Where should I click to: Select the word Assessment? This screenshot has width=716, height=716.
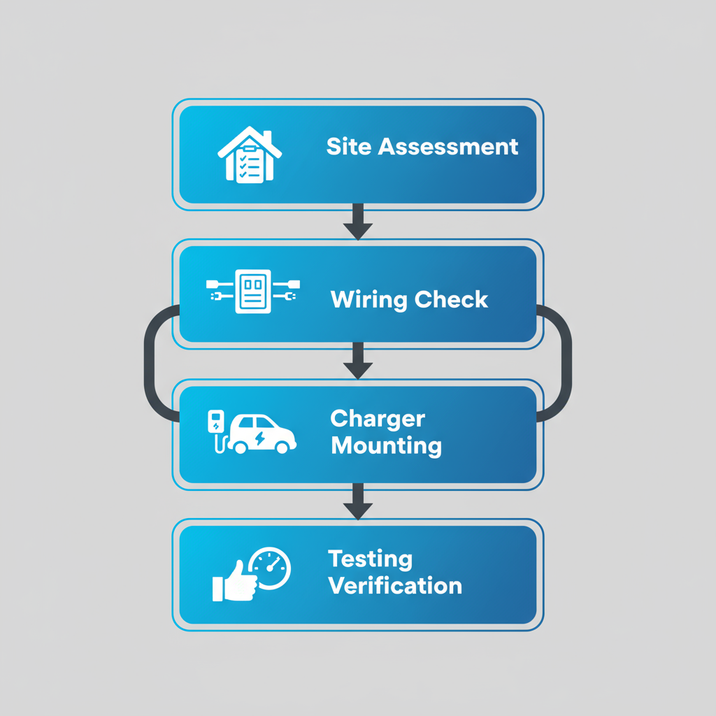447,147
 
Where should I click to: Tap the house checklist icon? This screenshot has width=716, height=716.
250,155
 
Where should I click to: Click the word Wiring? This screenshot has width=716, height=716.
368,300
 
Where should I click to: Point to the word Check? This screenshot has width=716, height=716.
450,300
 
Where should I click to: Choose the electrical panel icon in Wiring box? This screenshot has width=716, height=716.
252,291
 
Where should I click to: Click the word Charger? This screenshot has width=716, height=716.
378,419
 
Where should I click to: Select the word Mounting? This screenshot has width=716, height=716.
386,445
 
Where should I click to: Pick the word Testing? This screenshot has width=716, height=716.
371,559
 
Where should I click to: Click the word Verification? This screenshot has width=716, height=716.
395,585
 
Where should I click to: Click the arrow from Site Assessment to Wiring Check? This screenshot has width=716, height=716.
358,222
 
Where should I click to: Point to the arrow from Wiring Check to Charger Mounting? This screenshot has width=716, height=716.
358,361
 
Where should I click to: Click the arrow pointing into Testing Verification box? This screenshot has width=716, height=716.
358,501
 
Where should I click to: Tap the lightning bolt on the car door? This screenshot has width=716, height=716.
260,438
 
